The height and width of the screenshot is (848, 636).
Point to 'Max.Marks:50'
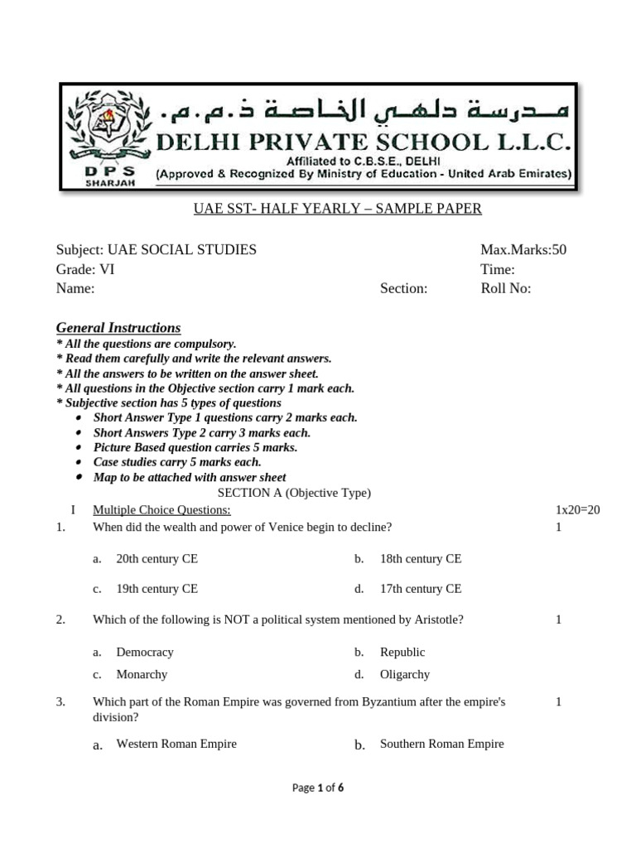523,250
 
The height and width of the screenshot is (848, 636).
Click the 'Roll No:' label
505,288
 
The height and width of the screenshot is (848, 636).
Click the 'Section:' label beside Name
403,288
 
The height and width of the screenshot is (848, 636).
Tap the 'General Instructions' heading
118,328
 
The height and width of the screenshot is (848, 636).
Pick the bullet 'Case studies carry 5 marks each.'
177,462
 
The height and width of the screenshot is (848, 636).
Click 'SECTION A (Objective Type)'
294,493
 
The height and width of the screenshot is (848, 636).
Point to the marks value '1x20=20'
577,510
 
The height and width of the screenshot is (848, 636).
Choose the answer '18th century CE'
421,559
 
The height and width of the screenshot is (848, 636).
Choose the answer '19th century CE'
157,589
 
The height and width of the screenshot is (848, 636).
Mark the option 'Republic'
402,653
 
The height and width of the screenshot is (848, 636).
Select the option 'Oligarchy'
405,674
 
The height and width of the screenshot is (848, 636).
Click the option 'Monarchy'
142,674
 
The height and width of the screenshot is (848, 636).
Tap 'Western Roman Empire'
176,744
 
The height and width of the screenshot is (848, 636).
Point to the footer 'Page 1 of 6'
318,788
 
